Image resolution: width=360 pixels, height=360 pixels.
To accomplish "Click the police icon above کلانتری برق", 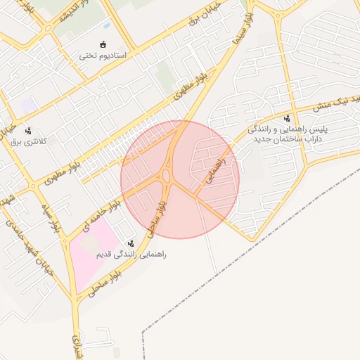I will click(x=29, y=131).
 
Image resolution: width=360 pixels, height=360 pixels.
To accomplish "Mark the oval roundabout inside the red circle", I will click(x=168, y=175).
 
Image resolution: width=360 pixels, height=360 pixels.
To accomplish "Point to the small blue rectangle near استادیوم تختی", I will click(x=105, y=26).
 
